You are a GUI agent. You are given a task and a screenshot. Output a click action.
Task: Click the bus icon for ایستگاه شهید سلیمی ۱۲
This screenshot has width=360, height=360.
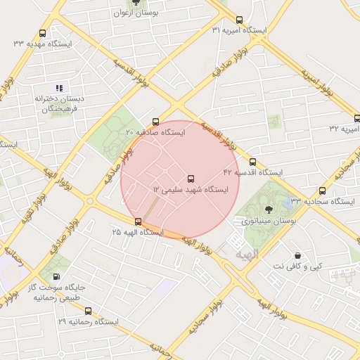point(191,178)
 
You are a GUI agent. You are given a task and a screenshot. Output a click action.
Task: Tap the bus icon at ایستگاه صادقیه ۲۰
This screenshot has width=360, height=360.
point(155,121)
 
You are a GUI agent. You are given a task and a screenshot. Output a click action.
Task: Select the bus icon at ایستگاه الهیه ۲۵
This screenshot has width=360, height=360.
point(138,221)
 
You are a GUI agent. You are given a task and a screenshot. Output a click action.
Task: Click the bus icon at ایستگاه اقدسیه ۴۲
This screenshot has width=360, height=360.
point(252,162)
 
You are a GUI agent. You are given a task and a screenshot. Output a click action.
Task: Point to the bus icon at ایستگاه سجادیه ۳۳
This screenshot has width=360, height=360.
point(322,191)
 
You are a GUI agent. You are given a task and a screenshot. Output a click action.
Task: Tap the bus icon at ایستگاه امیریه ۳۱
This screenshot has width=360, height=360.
point(240,20)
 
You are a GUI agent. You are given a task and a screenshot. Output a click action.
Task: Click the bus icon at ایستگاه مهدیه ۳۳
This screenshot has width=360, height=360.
point(43,33)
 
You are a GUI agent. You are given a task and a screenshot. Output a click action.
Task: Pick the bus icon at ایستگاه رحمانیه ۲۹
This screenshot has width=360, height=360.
point(88,311)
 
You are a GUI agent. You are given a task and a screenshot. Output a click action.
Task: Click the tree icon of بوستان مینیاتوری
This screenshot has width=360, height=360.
point(268,209)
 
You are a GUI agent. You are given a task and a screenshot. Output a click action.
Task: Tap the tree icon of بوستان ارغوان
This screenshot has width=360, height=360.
point(136,2)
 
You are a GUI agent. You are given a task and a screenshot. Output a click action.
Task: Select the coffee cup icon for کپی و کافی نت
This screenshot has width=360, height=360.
point(298,255)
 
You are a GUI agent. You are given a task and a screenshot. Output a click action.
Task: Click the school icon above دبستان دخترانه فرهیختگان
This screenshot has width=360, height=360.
point(60,88)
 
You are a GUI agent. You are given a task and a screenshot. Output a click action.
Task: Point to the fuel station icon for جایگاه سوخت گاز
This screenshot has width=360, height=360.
point(56,277)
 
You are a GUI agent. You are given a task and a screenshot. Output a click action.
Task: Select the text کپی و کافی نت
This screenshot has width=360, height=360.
point(298,266)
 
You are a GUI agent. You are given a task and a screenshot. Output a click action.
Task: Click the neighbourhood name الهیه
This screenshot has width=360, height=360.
point(247,253)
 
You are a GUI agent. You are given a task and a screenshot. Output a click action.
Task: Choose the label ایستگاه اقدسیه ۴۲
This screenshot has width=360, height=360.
point(252,172)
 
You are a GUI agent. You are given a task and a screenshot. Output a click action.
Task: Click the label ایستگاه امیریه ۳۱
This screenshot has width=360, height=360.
point(240,30)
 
